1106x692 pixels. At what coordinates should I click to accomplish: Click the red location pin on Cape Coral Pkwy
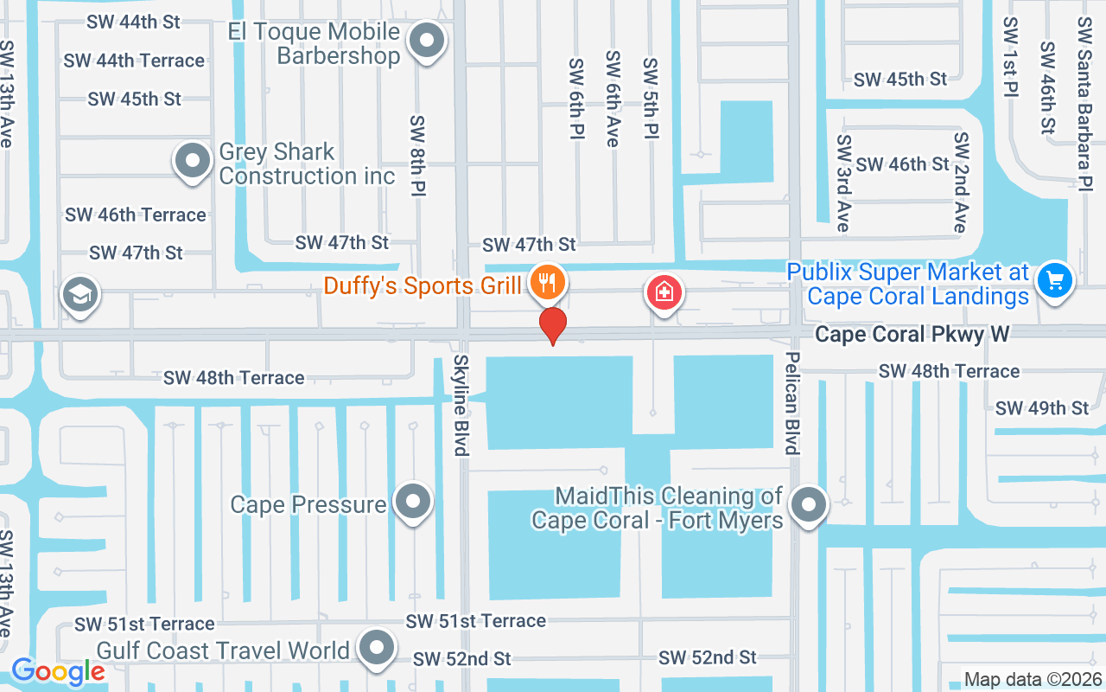(x=553, y=324)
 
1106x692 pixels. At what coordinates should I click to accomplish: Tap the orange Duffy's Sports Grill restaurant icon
(x=548, y=281)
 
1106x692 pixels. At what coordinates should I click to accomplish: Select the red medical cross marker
(x=664, y=292)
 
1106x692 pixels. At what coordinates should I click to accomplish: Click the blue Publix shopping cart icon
(x=1054, y=279)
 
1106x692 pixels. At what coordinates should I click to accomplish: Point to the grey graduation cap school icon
(x=80, y=295)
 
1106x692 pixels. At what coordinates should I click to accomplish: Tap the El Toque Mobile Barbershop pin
(x=425, y=41)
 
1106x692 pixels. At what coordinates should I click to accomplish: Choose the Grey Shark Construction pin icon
(x=192, y=161)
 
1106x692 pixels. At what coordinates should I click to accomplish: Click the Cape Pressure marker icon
(x=412, y=501)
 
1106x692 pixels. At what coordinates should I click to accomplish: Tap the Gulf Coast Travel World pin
(x=377, y=648)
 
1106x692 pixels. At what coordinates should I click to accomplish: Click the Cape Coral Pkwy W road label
(x=912, y=334)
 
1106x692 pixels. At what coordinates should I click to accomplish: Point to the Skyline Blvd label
(x=461, y=405)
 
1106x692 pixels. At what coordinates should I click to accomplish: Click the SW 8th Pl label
(x=418, y=155)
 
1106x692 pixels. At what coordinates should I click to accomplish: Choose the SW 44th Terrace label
(x=134, y=61)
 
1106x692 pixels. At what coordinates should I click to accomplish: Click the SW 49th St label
(x=1042, y=407)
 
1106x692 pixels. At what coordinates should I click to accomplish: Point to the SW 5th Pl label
(x=651, y=99)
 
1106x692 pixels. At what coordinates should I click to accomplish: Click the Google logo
(x=58, y=671)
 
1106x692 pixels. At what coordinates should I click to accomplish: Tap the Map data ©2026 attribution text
(x=1033, y=679)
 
